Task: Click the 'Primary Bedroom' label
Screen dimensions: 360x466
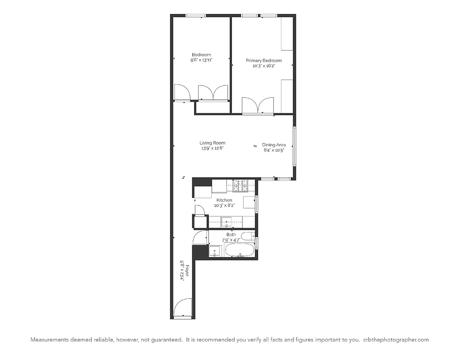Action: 263,60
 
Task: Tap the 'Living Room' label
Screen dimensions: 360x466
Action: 213,143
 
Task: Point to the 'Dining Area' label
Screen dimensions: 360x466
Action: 274,145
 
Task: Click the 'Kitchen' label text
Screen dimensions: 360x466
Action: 224,200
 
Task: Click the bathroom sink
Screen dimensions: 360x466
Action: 215,251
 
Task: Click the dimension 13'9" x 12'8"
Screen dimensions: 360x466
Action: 213,148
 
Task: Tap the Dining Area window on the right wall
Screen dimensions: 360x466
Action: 294,146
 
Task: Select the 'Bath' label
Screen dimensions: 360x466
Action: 231,234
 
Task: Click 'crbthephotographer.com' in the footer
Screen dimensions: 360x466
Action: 396,340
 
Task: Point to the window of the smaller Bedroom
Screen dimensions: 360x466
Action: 195,16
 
